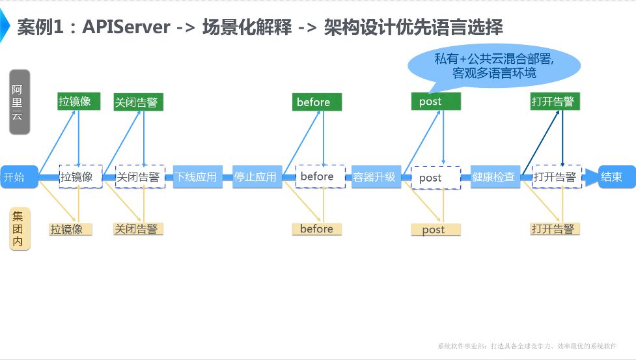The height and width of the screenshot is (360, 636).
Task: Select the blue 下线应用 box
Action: [x=196, y=177]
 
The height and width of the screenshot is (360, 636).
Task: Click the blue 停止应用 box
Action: [x=256, y=177]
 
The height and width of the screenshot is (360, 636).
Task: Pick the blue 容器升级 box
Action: [x=374, y=177]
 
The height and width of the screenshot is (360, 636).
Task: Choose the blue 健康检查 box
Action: [x=494, y=177]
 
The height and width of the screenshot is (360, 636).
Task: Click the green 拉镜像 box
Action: [x=79, y=102]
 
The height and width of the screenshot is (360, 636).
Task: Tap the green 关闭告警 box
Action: [x=138, y=102]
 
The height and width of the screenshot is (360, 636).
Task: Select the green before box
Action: [x=316, y=102]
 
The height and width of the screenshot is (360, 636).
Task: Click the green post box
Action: [x=436, y=102]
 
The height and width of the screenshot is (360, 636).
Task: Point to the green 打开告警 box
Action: [x=555, y=102]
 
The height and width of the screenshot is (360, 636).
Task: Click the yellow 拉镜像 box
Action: [x=70, y=229]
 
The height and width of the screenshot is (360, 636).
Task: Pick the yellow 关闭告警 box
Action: [x=138, y=229]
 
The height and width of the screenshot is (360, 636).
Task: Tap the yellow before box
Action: [x=316, y=229]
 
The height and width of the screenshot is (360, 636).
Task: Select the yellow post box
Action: [x=436, y=229]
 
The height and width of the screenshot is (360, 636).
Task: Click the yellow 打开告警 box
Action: [x=555, y=229]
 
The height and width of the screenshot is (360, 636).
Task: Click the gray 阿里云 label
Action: [x=20, y=102]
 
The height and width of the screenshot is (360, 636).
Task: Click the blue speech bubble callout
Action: [x=493, y=65]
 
